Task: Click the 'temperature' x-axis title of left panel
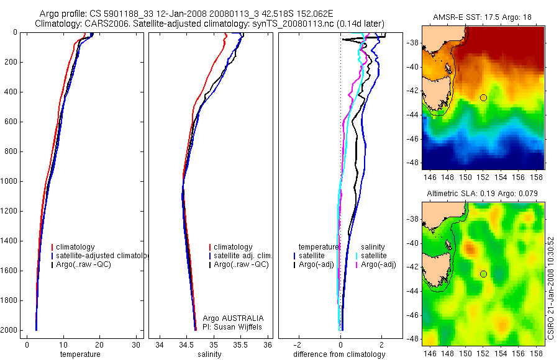80,354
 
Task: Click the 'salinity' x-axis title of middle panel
210,354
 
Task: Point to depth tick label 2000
9,330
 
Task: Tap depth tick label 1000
9,181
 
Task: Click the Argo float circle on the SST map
483,97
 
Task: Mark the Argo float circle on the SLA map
483,274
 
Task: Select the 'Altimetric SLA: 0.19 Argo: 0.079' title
483,194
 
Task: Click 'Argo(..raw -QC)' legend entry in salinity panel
241,264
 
